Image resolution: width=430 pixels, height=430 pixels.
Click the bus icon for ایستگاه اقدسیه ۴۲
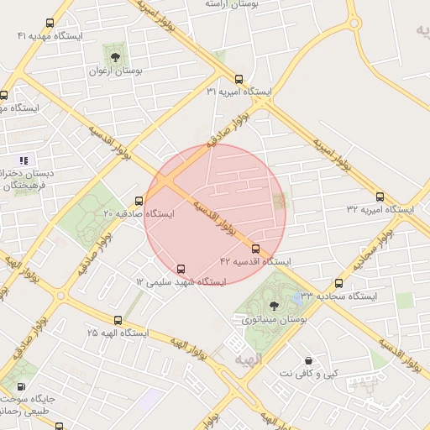tap(256, 249)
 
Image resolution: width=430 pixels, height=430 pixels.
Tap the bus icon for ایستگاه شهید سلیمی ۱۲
tap(181, 269)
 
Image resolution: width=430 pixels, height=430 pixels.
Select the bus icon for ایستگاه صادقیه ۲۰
tap(139, 201)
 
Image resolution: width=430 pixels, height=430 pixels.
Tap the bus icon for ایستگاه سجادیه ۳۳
tap(339, 284)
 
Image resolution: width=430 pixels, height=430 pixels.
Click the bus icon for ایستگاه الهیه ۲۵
tap(118, 320)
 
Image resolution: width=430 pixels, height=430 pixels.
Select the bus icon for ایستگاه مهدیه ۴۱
tap(50, 24)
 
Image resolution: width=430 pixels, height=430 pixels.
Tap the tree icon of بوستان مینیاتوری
tap(272, 306)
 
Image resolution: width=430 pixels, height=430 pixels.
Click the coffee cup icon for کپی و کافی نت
tap(308, 360)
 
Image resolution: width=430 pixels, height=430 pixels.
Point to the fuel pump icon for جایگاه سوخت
tap(21, 386)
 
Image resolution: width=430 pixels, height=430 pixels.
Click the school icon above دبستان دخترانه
tap(24, 160)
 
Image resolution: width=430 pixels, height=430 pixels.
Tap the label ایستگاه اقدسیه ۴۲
tap(255, 262)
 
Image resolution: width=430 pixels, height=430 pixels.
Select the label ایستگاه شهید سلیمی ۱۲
tap(181, 282)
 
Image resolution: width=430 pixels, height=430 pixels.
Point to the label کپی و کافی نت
tap(308, 373)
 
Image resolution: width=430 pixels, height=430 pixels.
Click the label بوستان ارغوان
tap(116, 71)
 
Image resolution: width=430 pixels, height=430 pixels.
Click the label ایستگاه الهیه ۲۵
tap(118, 333)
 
